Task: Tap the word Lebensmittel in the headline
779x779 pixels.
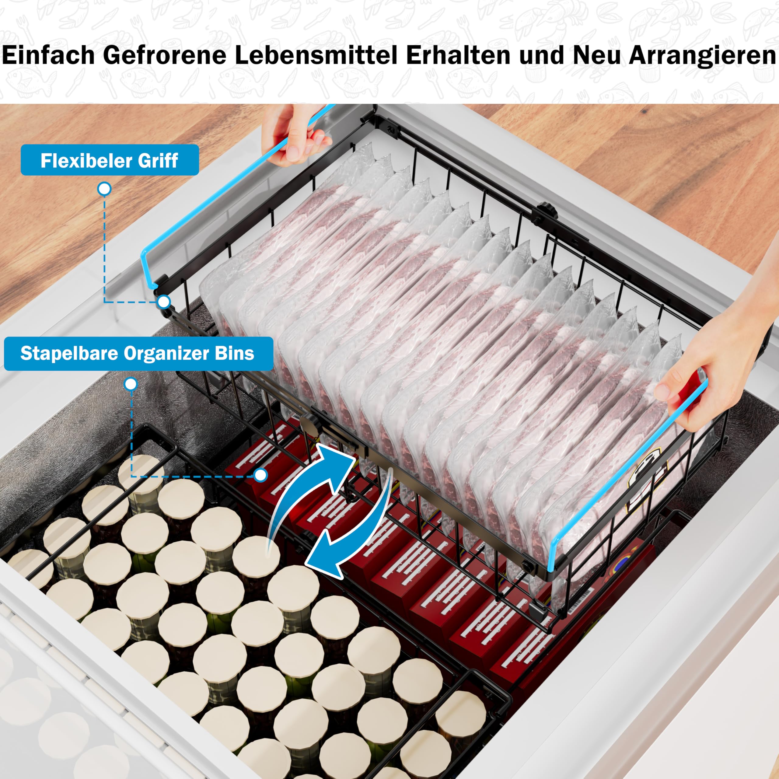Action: [x=316, y=55]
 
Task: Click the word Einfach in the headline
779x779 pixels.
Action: [x=48, y=55]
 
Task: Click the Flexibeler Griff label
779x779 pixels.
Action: [x=110, y=160]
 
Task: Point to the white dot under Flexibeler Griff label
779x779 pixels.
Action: [x=104, y=189]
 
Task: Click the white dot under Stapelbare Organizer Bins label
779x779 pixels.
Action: [x=131, y=384]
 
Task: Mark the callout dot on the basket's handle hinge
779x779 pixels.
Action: [x=163, y=301]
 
